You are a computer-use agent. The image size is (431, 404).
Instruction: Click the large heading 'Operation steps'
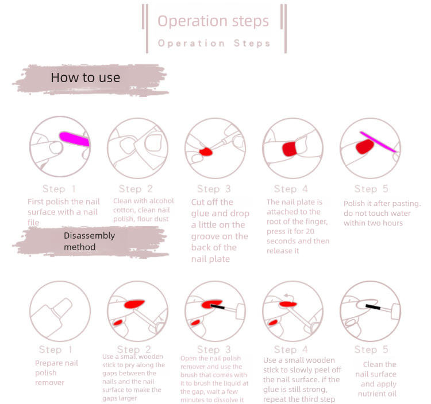click(x=213, y=22)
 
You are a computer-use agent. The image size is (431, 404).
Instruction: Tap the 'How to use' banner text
click(x=86, y=77)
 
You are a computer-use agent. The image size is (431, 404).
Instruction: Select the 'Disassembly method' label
click(x=89, y=241)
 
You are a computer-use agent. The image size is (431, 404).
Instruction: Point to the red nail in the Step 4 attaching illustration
click(x=289, y=149)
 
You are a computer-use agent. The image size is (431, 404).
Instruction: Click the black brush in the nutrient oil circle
click(x=374, y=308)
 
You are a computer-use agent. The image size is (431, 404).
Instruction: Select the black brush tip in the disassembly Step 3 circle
click(x=217, y=308)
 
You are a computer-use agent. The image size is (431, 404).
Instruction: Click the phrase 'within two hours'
click(x=375, y=223)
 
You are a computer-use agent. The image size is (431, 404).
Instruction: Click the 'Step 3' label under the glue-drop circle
click(x=213, y=189)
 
